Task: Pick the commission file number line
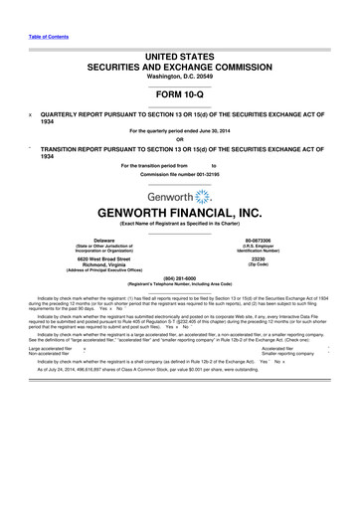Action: tap(179, 174)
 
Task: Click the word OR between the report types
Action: tap(179, 138)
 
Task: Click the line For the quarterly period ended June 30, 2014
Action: tap(179, 130)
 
